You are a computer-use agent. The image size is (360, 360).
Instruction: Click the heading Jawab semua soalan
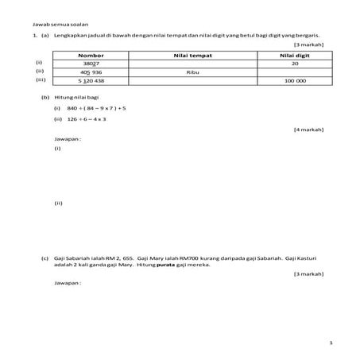[x=41, y=26]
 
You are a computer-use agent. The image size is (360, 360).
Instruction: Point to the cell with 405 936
[x=91, y=72]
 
